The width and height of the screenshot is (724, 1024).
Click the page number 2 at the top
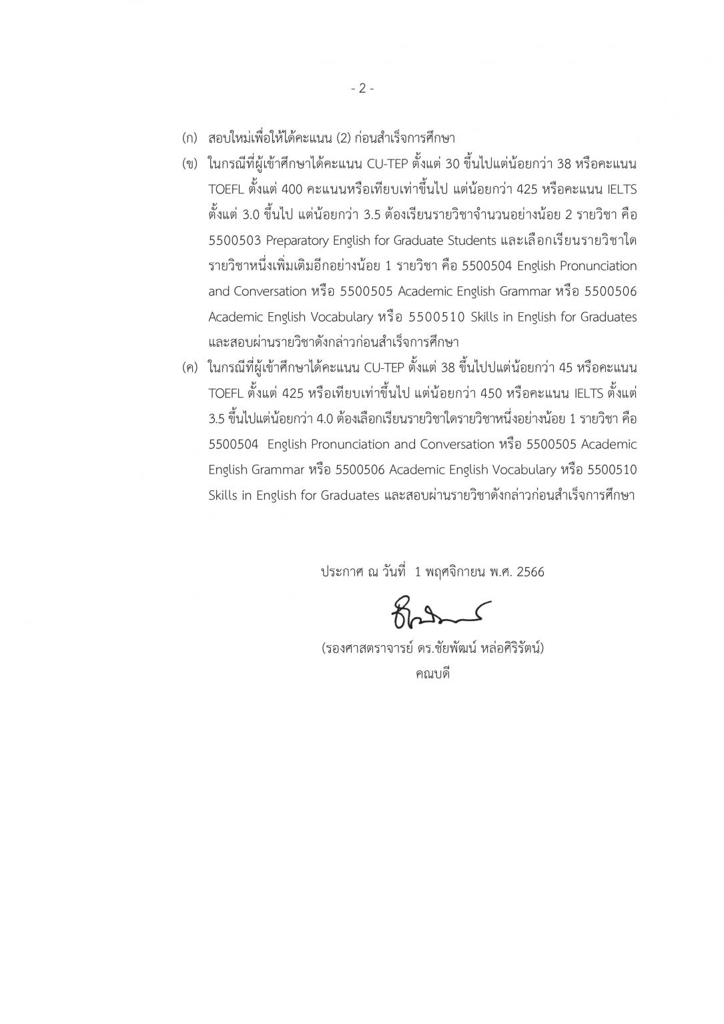tap(362, 88)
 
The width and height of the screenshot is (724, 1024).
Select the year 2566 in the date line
tap(530, 572)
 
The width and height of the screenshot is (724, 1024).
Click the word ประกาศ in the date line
tap(342, 572)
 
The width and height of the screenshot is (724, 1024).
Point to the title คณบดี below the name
tap(432, 673)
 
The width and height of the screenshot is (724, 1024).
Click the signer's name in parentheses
tap(432, 648)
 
